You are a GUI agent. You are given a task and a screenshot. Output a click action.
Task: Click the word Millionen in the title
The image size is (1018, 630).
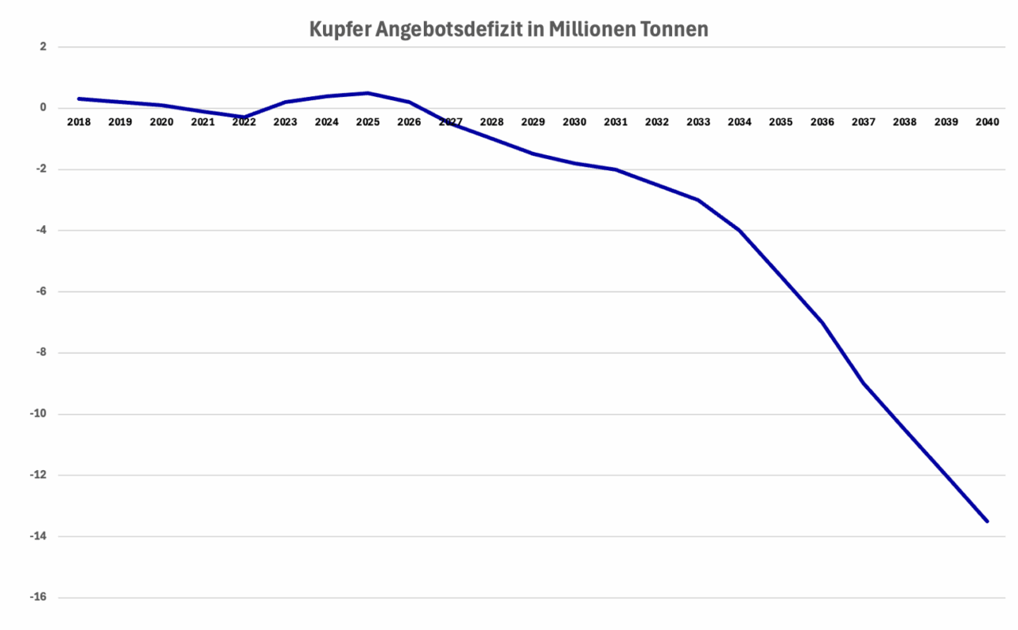pos(586,30)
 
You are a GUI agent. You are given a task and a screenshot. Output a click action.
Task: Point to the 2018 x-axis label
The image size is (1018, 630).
pos(79,122)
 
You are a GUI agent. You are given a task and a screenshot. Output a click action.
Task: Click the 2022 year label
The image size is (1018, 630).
pos(244,122)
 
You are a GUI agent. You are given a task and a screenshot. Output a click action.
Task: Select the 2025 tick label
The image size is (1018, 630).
pos(368,122)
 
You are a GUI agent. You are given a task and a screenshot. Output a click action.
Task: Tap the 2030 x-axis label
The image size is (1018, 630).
pos(574,122)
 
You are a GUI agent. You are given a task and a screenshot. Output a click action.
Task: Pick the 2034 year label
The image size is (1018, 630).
pos(740,122)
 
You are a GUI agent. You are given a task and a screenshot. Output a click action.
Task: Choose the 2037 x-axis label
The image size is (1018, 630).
pos(864,122)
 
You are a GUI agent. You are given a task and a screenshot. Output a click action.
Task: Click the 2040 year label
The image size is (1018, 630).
pos(987,122)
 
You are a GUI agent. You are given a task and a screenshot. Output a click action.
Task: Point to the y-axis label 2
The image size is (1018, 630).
pos(43,47)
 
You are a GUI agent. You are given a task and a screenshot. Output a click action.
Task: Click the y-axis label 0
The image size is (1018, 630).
pos(43,108)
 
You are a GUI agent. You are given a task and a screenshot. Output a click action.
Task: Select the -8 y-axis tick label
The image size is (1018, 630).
pos(41,352)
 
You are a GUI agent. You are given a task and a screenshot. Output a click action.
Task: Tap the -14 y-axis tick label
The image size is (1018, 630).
pos(38,536)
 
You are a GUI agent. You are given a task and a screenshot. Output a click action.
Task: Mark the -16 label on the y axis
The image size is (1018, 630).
pos(38,597)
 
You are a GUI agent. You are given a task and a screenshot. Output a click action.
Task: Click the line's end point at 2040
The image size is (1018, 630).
pos(987,521)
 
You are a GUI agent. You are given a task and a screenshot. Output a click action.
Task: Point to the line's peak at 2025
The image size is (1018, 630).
pos(368,93)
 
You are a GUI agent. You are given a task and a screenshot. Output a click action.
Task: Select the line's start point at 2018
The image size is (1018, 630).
pos(79,99)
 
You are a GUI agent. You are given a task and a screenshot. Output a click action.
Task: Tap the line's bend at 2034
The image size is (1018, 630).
pos(740,231)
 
